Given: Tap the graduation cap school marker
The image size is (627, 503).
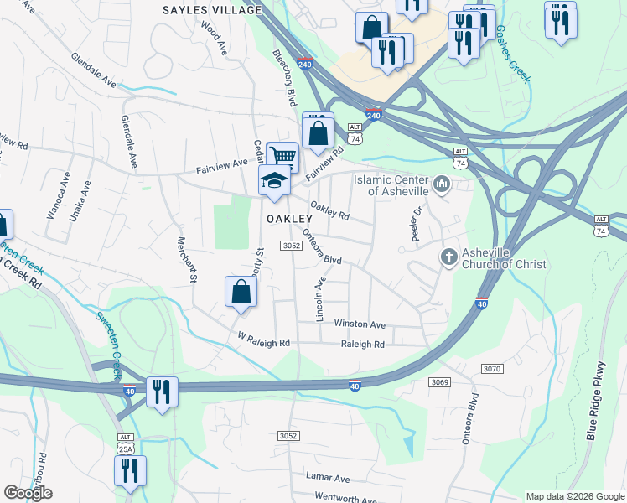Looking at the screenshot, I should [273, 180].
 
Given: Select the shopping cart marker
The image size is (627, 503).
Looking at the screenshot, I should [282, 157].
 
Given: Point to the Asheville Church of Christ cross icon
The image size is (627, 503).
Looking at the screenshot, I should [449, 256].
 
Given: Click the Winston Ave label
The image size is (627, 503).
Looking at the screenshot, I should [360, 324].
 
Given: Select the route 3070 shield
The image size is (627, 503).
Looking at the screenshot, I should [492, 369].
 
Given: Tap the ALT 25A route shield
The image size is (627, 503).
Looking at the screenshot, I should [125, 443].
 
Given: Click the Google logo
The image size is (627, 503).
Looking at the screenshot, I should [28, 493].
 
